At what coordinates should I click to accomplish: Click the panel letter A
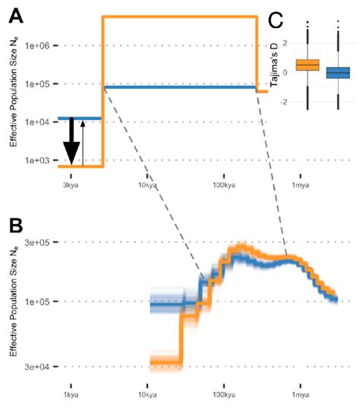[15, 15]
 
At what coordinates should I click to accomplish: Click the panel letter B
[15, 226]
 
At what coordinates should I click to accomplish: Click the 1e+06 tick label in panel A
[37, 46]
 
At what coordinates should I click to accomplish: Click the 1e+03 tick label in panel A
[37, 160]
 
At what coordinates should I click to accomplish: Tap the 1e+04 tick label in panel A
[37, 122]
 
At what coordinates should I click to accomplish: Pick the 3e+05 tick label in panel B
[37, 242]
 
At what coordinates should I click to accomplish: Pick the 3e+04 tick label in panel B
[37, 367]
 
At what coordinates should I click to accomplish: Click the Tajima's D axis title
[271, 65]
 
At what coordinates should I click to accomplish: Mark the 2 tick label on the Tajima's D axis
[285, 43]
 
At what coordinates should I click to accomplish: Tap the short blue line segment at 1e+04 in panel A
[80, 118]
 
